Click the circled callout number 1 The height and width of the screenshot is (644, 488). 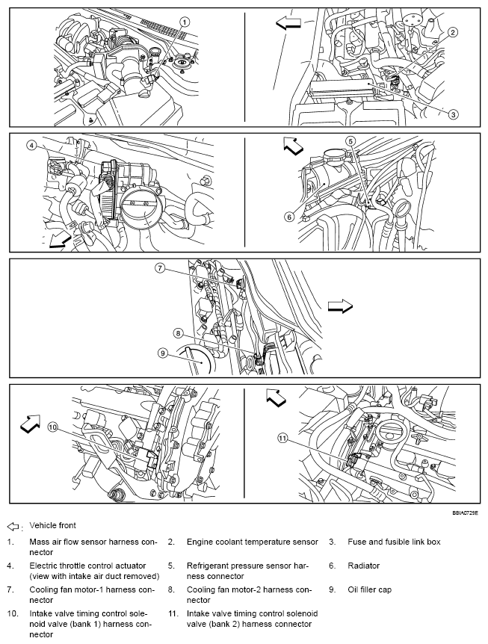tap(185, 22)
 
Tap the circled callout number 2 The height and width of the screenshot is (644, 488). tap(452, 32)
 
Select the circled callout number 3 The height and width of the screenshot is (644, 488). tap(452, 114)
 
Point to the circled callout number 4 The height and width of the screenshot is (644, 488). tap(31, 146)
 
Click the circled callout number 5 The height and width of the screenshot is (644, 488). tap(350, 141)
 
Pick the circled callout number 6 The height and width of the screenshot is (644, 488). tap(288, 217)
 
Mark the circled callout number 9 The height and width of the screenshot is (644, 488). tap(162, 353)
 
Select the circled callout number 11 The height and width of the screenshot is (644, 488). tap(281, 439)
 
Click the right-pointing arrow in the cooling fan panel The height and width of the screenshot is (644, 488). tap(339, 306)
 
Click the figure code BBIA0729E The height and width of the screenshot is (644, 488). tap(464, 513)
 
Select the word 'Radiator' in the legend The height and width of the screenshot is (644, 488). tap(364, 566)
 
